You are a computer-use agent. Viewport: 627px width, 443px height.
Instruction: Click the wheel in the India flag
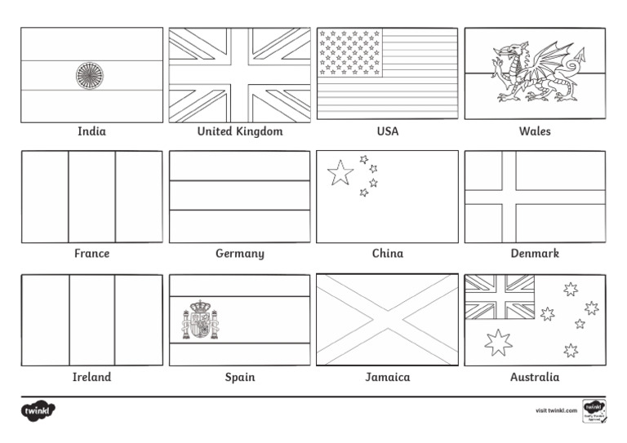coord(90,75)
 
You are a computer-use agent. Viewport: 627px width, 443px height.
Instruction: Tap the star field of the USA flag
coord(349,52)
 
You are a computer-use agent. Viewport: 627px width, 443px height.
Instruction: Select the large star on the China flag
coord(340,172)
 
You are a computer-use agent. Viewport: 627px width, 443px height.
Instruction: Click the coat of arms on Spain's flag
coord(200,320)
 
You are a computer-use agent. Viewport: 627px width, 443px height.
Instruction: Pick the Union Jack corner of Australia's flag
coord(500,297)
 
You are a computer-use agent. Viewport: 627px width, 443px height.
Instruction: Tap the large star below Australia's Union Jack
coord(498,343)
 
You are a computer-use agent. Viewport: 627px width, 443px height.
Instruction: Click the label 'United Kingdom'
coord(240,131)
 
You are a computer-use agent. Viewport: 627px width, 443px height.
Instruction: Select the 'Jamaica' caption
coord(388,377)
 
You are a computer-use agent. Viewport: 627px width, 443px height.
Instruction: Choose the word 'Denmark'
coord(535,254)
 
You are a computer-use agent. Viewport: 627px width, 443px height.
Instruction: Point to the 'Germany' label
coord(240,254)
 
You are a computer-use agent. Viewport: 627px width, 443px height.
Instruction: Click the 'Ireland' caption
coord(91,377)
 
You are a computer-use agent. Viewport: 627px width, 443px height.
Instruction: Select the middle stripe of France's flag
coord(91,197)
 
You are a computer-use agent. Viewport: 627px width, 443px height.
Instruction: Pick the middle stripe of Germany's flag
coord(240,195)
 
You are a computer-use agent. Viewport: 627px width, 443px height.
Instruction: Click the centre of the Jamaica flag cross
coord(388,320)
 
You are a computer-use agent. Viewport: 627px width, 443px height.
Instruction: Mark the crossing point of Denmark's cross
coord(509,197)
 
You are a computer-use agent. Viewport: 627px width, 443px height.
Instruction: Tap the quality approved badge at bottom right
coord(593,410)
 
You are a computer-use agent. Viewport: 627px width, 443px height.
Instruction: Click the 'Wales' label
coord(535,131)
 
